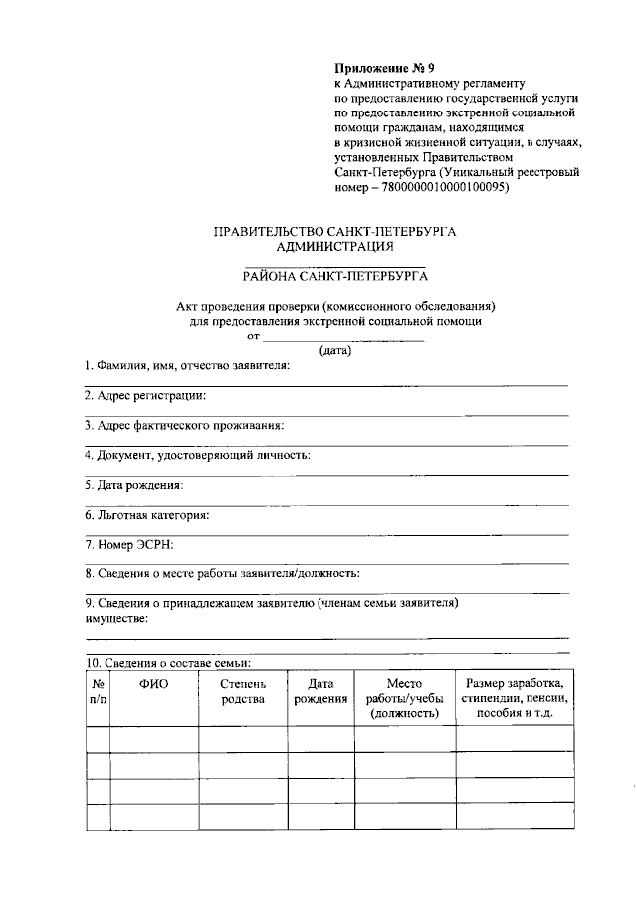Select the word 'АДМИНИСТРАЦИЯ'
334,247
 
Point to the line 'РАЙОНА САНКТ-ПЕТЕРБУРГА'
334,277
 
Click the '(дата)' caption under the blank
335,350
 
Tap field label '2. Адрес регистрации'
145,395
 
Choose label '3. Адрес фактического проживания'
183,425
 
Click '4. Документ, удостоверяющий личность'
197,455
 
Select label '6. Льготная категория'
146,515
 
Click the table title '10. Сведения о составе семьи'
167,663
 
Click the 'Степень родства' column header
244,692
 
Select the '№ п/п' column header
98,692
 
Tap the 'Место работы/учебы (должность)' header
403,699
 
